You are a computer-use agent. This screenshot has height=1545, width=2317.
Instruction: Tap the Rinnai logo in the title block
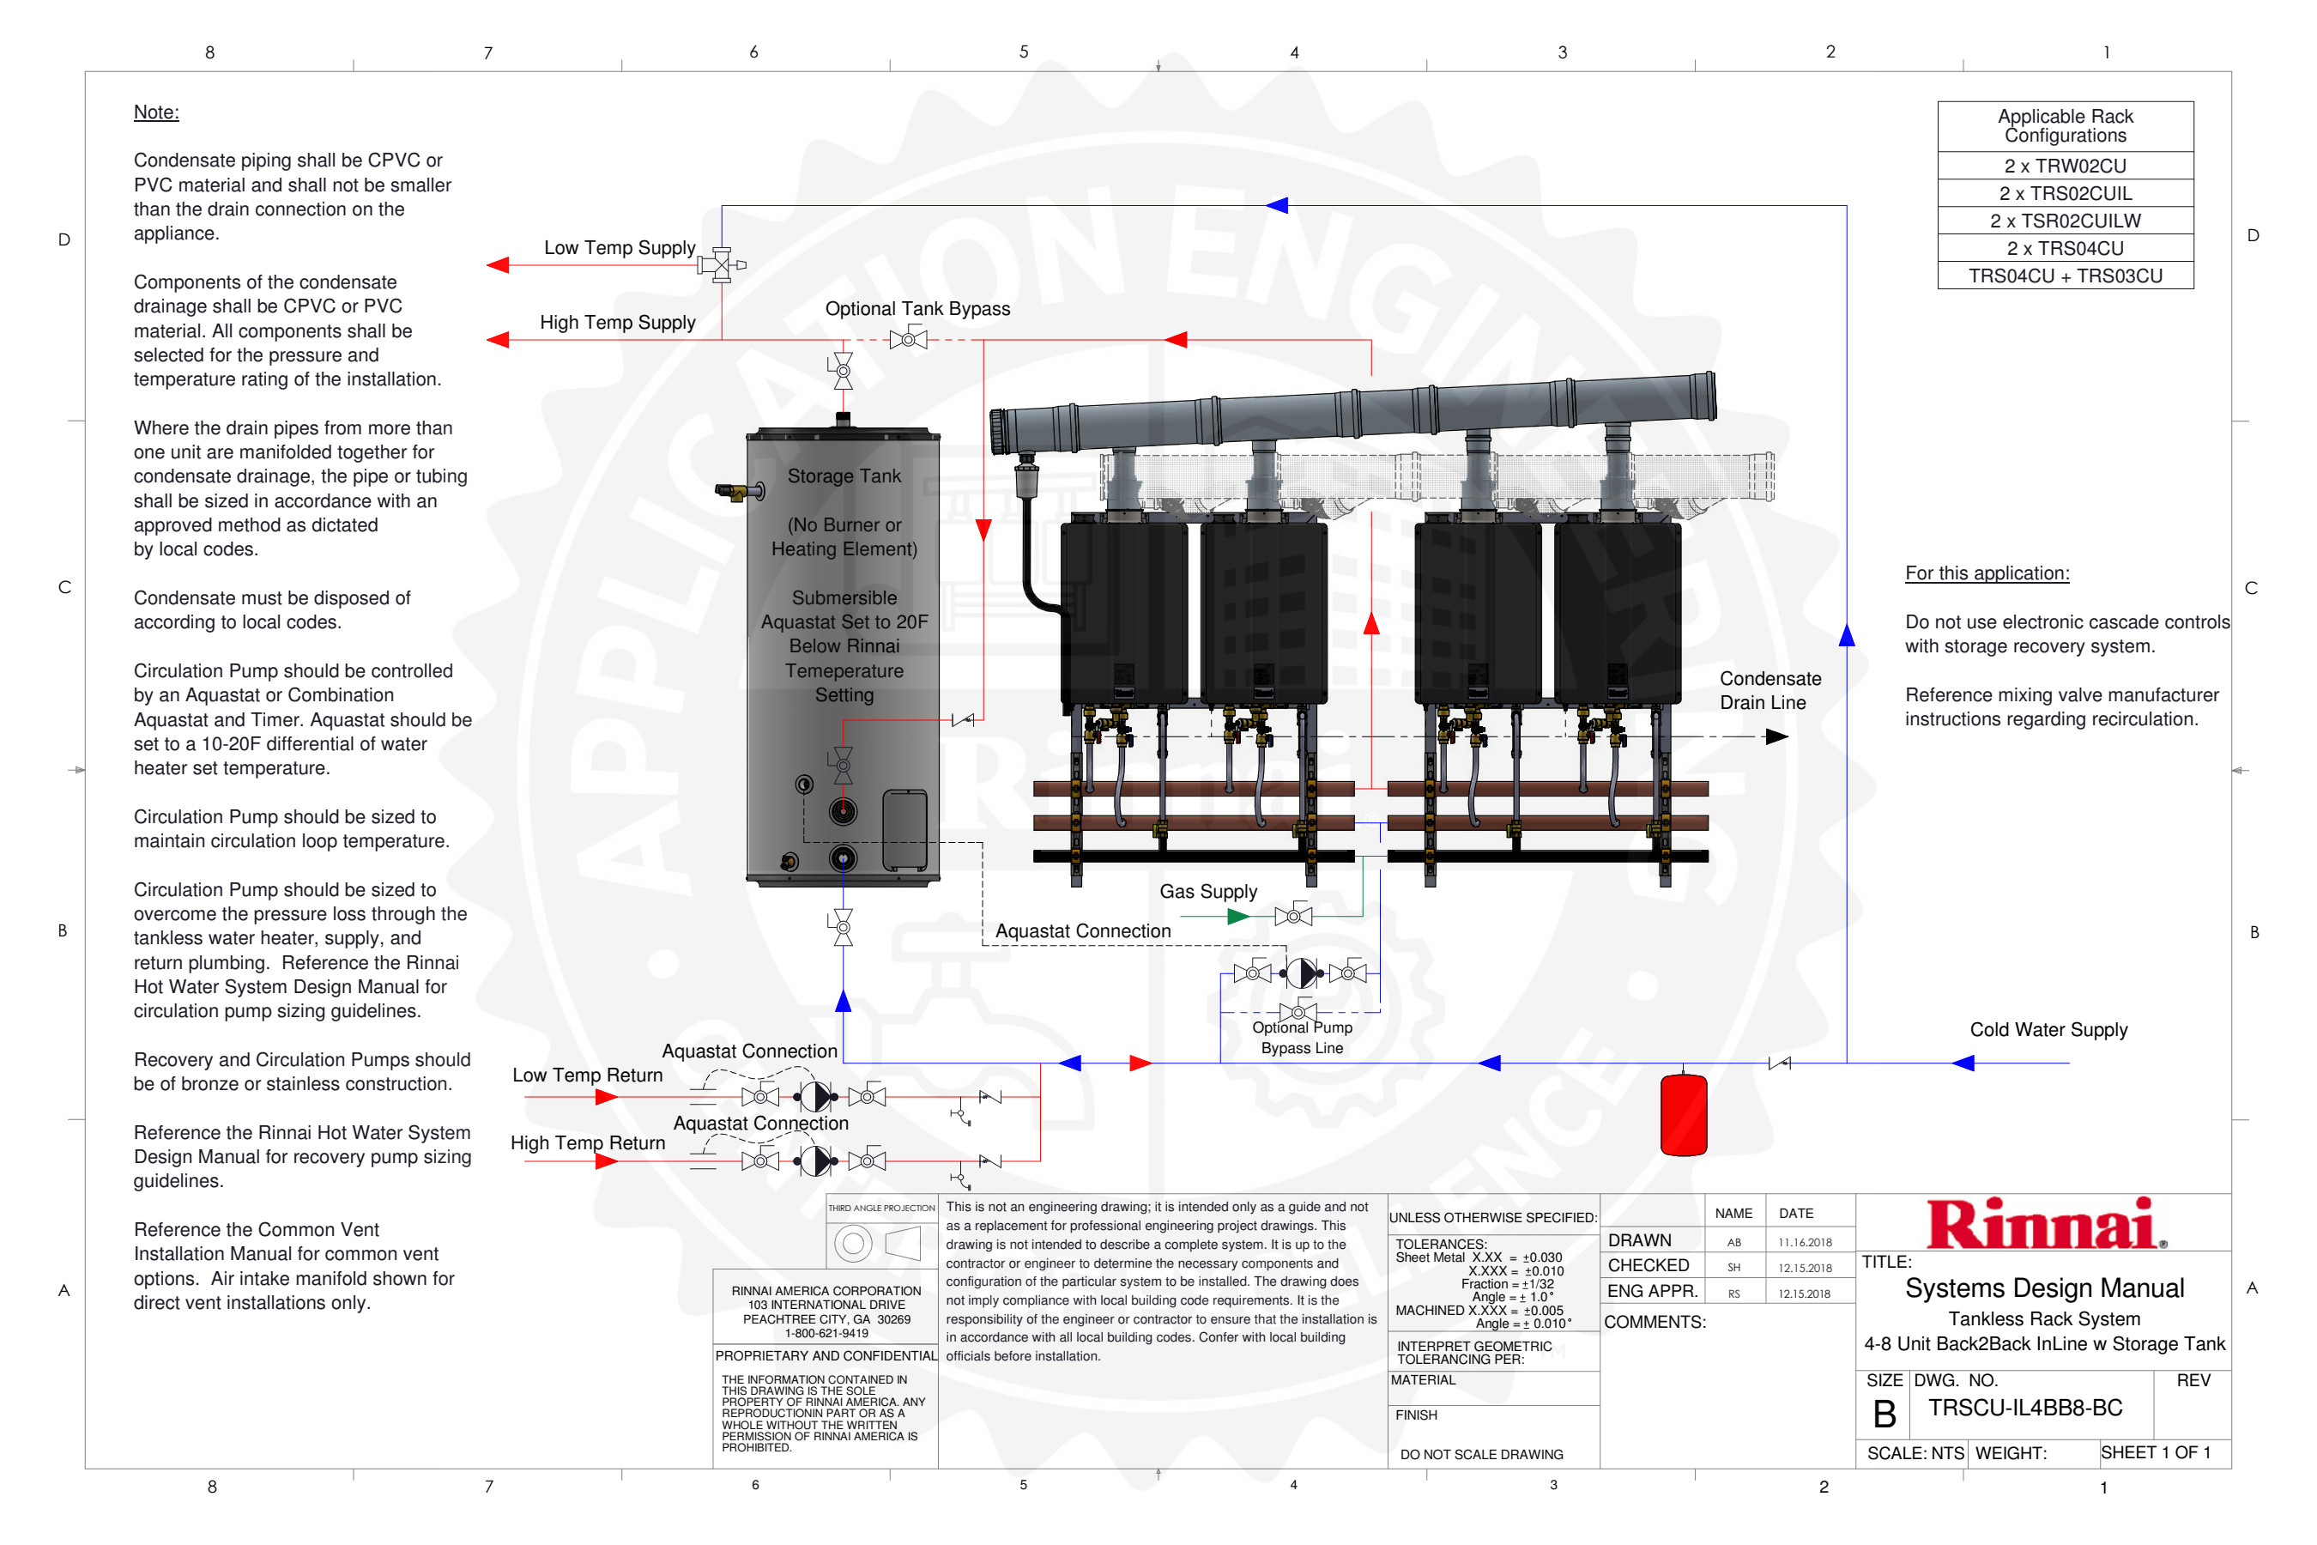click(2045, 1225)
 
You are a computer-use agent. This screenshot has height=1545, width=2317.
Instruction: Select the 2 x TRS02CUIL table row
click(2065, 193)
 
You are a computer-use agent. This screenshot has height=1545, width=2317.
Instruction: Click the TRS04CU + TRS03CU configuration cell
click(2065, 276)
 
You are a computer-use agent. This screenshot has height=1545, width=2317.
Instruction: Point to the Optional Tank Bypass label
click(917, 308)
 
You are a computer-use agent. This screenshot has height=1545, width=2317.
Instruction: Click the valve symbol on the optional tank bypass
click(908, 340)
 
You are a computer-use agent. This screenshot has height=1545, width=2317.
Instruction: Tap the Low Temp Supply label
click(620, 247)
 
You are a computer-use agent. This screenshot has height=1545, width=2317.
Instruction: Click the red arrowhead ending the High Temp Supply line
click(499, 340)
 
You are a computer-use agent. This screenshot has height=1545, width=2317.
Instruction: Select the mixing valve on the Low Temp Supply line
click(721, 265)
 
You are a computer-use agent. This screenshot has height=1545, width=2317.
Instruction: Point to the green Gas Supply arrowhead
click(1237, 917)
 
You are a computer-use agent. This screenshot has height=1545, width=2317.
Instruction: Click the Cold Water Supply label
click(2048, 1030)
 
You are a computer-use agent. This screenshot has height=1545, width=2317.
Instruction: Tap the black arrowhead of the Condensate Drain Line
click(1776, 737)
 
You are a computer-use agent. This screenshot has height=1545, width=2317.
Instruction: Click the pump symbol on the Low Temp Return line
click(814, 1096)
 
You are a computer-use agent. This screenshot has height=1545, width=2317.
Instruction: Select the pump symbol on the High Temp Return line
click(814, 1160)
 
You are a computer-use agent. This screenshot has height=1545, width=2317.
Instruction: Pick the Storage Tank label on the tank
click(844, 476)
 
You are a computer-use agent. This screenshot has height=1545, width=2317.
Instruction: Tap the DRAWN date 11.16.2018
click(1805, 1243)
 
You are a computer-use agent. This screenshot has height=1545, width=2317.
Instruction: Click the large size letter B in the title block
click(1884, 1415)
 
